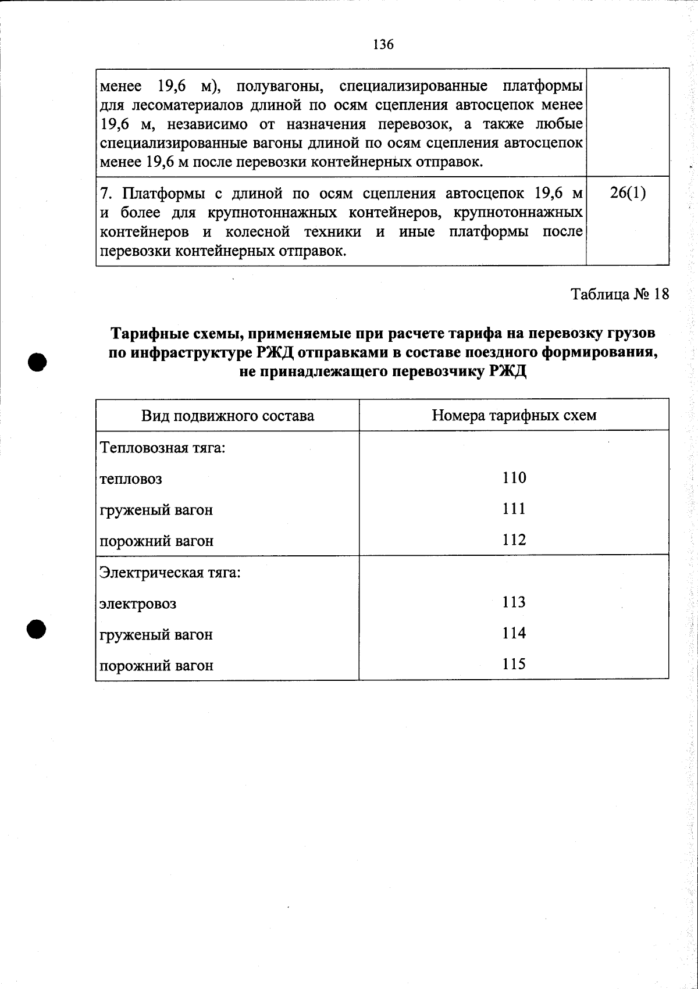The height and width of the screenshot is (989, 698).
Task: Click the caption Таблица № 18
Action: click(x=620, y=294)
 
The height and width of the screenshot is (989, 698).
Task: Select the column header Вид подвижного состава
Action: click(x=227, y=416)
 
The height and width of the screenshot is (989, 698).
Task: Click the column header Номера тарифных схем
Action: click(x=514, y=415)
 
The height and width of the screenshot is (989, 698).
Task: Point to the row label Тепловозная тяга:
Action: click(x=163, y=448)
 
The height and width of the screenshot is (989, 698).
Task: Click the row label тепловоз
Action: click(x=131, y=480)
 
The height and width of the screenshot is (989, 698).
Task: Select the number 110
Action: click(x=514, y=478)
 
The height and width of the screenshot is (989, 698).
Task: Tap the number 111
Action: click(x=514, y=509)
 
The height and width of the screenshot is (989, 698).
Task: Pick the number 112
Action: click(x=514, y=540)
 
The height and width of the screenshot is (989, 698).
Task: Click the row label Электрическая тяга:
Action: click(x=170, y=572)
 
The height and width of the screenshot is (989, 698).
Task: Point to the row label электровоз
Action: click(x=138, y=604)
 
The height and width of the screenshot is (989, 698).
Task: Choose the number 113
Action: click(x=514, y=602)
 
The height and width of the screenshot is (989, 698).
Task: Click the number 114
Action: click(x=514, y=633)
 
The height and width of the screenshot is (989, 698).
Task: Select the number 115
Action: click(x=514, y=664)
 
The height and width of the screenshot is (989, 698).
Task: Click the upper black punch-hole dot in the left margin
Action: click(x=37, y=361)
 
